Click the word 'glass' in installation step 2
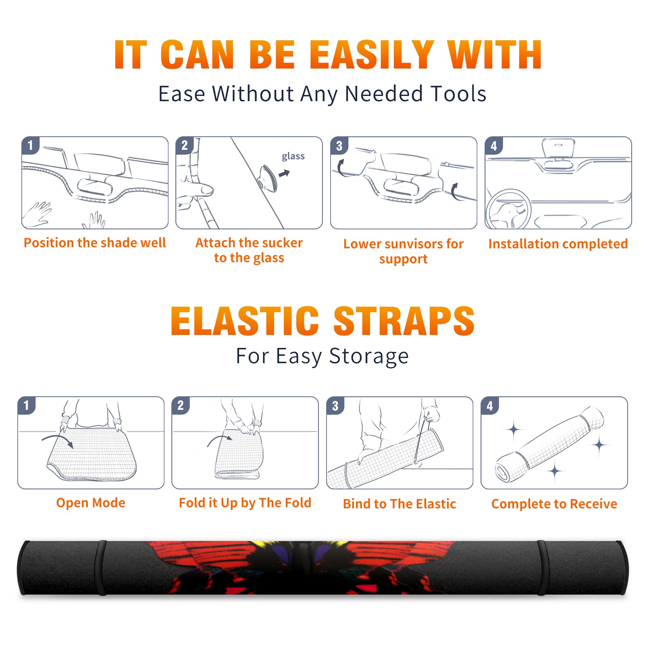click(x=293, y=156)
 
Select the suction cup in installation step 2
click(x=268, y=177)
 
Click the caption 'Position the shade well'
click(x=95, y=243)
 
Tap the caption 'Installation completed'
click(x=558, y=243)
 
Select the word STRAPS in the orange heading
click(x=404, y=321)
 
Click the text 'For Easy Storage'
click(x=322, y=356)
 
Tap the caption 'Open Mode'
click(x=91, y=503)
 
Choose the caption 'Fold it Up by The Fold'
click(x=245, y=503)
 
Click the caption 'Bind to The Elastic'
click(x=399, y=504)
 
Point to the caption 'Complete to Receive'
click(x=554, y=504)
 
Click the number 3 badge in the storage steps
click(x=335, y=406)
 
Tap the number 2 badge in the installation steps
click(x=185, y=146)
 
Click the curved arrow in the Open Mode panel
click(x=58, y=438)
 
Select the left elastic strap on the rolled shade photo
click(x=100, y=568)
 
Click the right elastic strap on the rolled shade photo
click(x=543, y=568)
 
